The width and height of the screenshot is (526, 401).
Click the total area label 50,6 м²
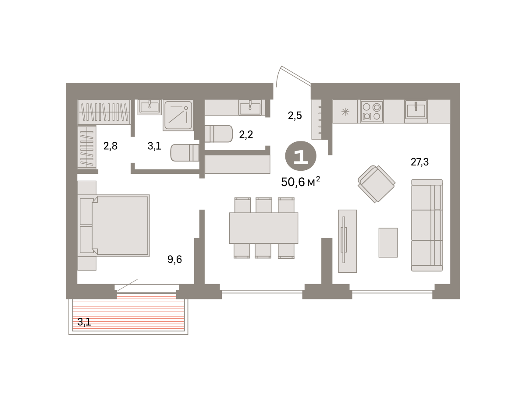coord(300,182)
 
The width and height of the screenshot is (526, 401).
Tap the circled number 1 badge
coord(301,156)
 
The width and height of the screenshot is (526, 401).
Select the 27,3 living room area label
coord(419,162)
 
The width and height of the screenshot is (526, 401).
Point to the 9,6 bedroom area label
coord(174,259)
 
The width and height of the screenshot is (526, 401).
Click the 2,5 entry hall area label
coord(295,116)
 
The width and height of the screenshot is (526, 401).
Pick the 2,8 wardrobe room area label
coord(110,146)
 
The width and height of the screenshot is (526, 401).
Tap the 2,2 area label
coord(246,134)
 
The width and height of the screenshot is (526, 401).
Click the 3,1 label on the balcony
coord(84,322)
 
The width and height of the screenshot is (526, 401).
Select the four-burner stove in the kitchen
coord(372,112)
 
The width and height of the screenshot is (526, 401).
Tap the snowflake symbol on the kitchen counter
coord(345,112)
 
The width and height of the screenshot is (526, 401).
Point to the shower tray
coord(178,115)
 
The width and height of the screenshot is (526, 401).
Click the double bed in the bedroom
coord(114,225)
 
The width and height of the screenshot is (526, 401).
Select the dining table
coord(263,228)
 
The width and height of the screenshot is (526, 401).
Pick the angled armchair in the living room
coord(377,184)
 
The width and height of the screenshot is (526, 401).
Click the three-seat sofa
coord(427,225)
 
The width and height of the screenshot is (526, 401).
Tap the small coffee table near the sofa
coord(388,243)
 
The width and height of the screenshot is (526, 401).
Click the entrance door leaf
coord(296,75)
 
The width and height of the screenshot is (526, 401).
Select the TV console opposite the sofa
coord(347,241)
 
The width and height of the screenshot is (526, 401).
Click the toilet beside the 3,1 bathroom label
coord(185,153)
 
